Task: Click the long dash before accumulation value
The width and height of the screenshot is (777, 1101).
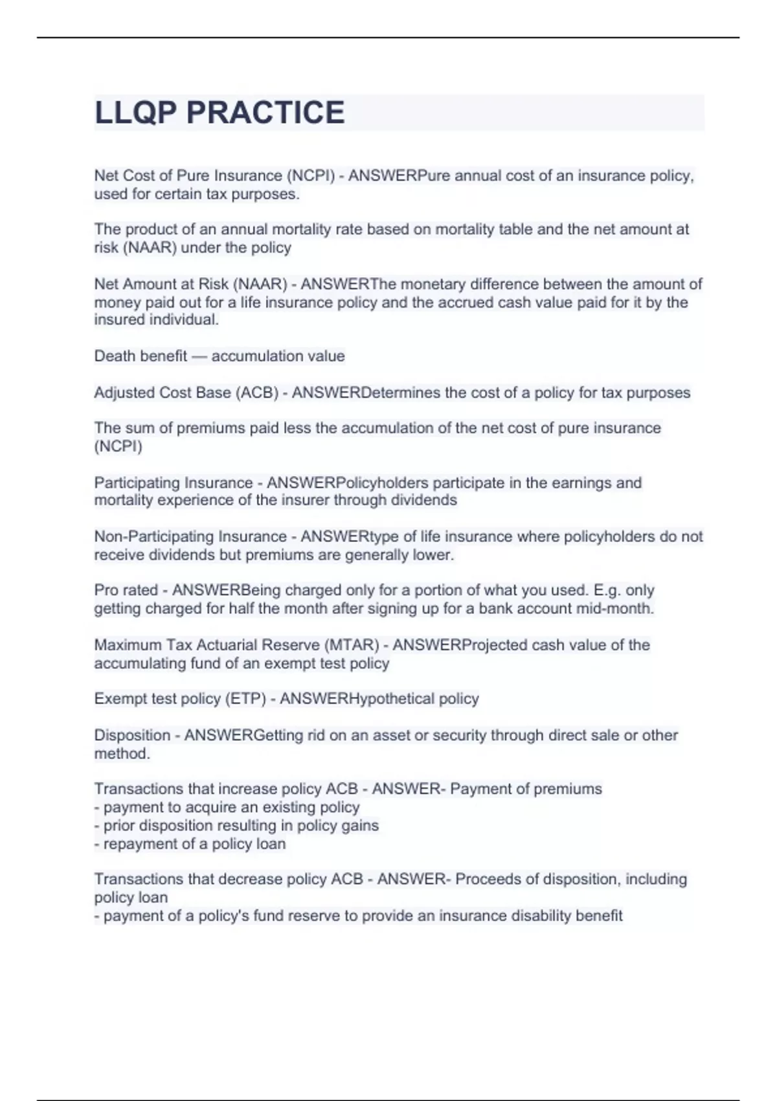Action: tap(199, 356)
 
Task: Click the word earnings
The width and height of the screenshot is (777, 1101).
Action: tap(579, 483)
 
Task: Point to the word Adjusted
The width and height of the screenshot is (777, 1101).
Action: tap(123, 393)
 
